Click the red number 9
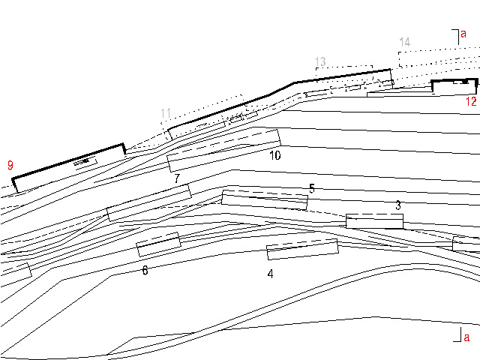[10, 164]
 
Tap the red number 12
[471, 101]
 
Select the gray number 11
[166, 114]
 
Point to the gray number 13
[320, 61]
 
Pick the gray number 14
[405, 42]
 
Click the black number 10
[274, 155]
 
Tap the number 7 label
[177, 178]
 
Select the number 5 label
[312, 188]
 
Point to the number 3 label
[398, 205]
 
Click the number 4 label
[270, 274]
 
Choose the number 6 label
[145, 269]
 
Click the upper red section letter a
[463, 34]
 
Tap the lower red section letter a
[466, 337]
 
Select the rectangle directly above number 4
[303, 250]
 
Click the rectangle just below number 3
[374, 221]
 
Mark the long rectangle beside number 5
[265, 199]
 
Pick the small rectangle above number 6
[158, 244]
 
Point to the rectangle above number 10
[223, 150]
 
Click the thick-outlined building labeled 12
[454, 85]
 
